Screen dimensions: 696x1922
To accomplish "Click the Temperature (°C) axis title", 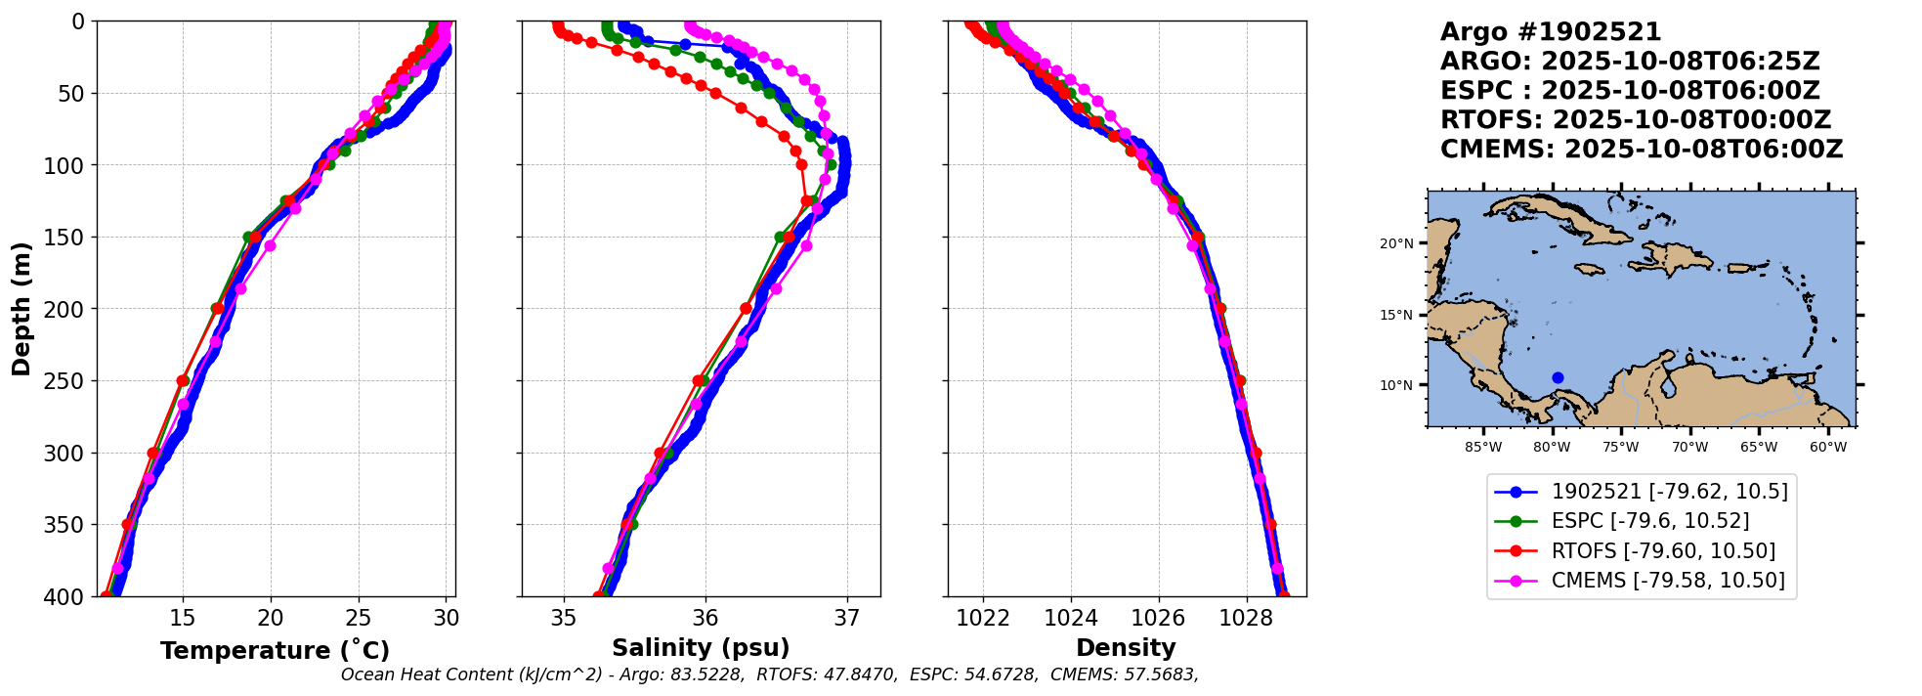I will (x=275, y=651).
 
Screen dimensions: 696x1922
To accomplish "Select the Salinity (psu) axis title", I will (x=701, y=648).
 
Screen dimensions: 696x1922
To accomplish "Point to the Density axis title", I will (x=1126, y=648).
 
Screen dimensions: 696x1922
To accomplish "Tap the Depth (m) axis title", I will (x=21, y=309).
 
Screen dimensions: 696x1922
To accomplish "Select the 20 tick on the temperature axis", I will (x=271, y=619).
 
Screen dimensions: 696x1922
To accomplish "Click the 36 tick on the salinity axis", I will (x=705, y=619).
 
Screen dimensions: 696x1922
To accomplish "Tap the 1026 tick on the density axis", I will (x=1159, y=619).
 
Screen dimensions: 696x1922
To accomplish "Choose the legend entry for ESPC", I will (x=1650, y=521).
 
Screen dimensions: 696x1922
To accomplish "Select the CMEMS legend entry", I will (x=1668, y=581).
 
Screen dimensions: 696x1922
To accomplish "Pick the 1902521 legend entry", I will (x=1669, y=492).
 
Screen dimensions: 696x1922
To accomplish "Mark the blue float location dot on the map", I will (x=1558, y=377).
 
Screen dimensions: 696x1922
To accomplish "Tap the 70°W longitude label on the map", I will (x=1689, y=448).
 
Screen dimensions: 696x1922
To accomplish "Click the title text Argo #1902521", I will (x=1551, y=32).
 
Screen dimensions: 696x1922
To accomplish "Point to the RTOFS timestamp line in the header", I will (x=1636, y=120).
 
